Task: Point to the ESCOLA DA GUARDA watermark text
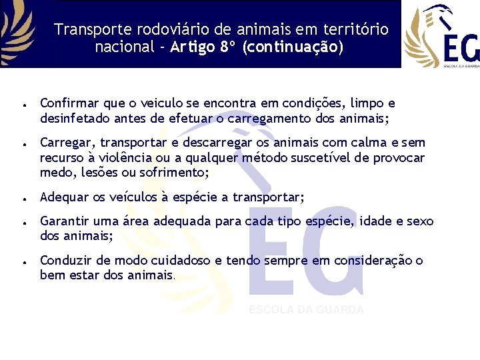pos(306,310)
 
